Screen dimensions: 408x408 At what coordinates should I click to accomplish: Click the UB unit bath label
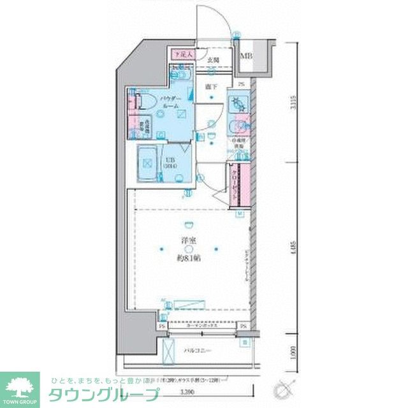pyautogui.click(x=171, y=163)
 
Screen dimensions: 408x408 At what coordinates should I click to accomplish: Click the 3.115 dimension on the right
pyautogui.click(x=293, y=102)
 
